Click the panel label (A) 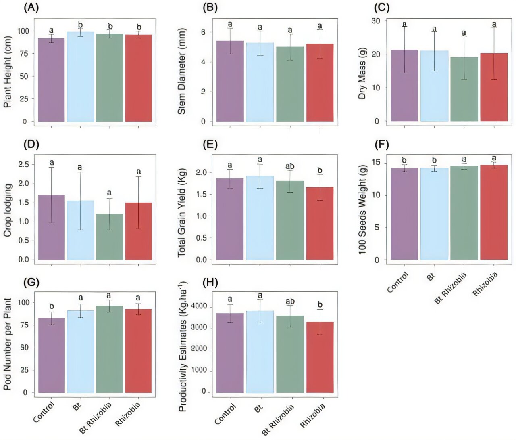coord(31,8)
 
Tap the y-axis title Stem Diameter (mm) coord(182,71)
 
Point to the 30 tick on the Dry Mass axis coord(376,21)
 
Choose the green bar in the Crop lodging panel coord(109,237)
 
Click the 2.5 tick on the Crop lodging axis coord(24,164)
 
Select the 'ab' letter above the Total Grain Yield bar coord(290,166)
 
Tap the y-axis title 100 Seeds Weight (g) coord(362,210)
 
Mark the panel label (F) coord(381,144)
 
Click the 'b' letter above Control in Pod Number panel coord(51,306)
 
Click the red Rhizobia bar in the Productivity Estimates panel coord(320,357)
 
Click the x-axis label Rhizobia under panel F coord(485,284)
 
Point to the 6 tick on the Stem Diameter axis coord(203,32)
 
